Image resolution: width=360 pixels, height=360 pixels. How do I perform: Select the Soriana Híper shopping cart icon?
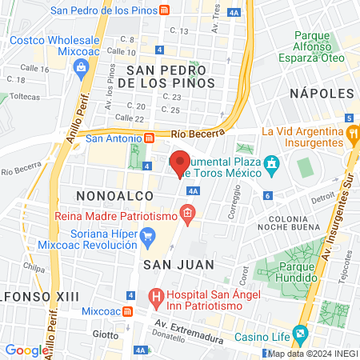(147, 236)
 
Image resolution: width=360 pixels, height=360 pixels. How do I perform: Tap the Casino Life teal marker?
(301, 332)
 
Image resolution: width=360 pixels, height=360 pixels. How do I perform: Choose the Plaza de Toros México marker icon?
(272, 166)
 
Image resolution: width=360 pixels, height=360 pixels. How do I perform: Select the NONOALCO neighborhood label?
(107, 195)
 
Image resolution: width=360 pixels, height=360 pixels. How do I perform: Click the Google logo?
(26, 350)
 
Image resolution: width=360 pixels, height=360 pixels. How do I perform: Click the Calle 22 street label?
(129, 118)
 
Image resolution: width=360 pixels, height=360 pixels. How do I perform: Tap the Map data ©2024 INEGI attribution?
(312, 354)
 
